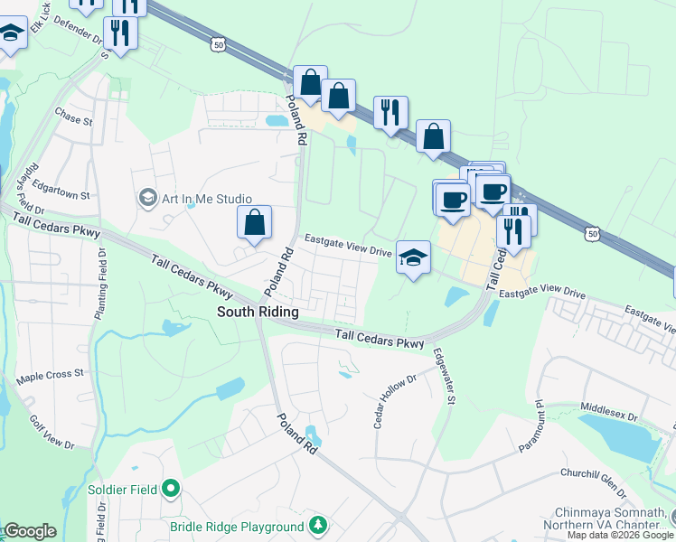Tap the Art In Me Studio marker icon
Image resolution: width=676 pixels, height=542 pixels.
pyautogui.click(x=146, y=197)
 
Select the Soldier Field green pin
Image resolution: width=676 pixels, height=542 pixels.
pyautogui.click(x=172, y=490)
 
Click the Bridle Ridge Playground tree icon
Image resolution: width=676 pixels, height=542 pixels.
pyautogui.click(x=317, y=525)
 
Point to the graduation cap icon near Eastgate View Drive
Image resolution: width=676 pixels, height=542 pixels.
pyautogui.click(x=413, y=258)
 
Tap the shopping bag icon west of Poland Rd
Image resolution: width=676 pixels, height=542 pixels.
pyautogui.click(x=255, y=222)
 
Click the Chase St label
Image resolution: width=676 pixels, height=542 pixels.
pyautogui.click(x=73, y=118)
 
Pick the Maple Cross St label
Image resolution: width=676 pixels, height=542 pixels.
pyautogui.click(x=51, y=373)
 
